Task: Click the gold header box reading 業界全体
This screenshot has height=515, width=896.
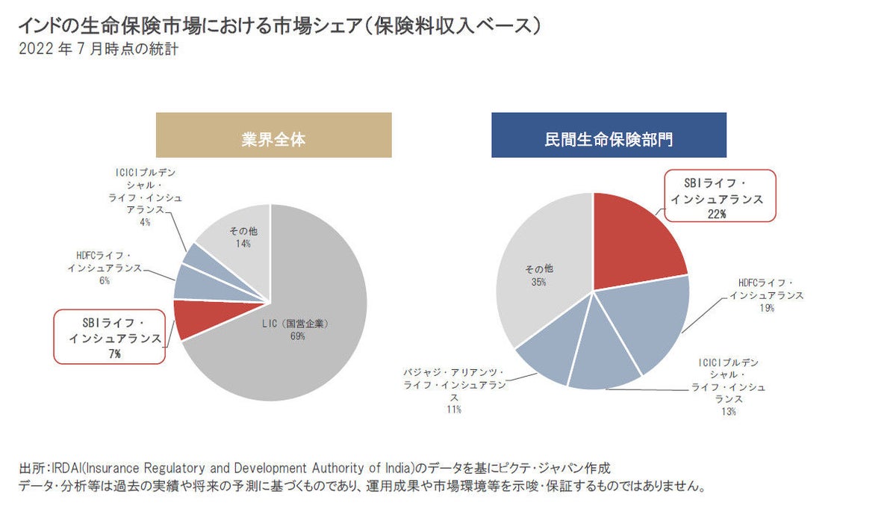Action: pos(273,135)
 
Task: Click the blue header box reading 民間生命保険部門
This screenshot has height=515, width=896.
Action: pos(609,135)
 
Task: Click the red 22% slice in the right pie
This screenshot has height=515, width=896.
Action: pos(635,247)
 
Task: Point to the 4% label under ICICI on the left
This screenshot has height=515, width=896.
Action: pos(144,222)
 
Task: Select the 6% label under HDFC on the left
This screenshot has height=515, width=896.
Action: pos(104,281)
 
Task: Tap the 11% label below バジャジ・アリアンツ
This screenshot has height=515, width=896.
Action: pos(454,410)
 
